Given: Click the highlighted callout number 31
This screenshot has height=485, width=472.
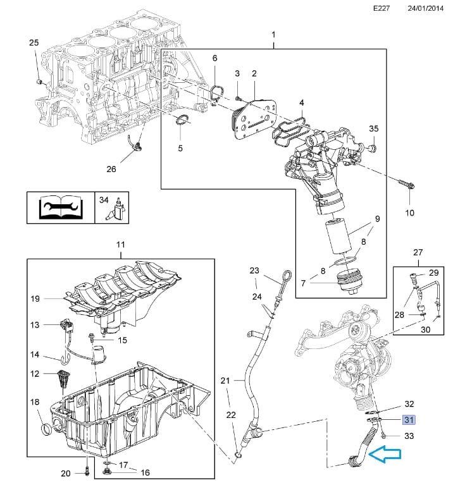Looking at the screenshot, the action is [409, 420].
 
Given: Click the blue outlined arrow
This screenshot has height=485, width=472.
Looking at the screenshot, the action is [385, 454].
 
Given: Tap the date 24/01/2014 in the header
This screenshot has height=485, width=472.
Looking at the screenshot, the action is [425, 8].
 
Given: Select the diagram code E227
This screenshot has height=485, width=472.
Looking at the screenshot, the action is [382, 8].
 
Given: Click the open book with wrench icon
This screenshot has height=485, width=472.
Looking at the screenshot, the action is [61, 207].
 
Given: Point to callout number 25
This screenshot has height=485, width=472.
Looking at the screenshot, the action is [34, 43].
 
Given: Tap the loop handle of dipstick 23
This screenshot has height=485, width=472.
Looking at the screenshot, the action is [287, 276].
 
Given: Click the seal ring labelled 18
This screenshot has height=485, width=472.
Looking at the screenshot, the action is [46, 429].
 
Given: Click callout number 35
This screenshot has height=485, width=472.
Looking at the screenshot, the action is [373, 128].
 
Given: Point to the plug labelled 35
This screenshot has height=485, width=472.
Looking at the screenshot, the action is [373, 149].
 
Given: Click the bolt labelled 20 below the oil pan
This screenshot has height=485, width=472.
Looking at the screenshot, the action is [87, 471].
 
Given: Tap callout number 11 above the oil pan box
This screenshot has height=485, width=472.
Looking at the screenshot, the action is [121, 245].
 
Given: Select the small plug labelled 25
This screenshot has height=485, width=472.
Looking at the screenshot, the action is [40, 82].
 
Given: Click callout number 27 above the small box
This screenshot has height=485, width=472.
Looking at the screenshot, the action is [418, 252].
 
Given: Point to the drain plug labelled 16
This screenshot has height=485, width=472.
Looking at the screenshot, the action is [109, 472].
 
